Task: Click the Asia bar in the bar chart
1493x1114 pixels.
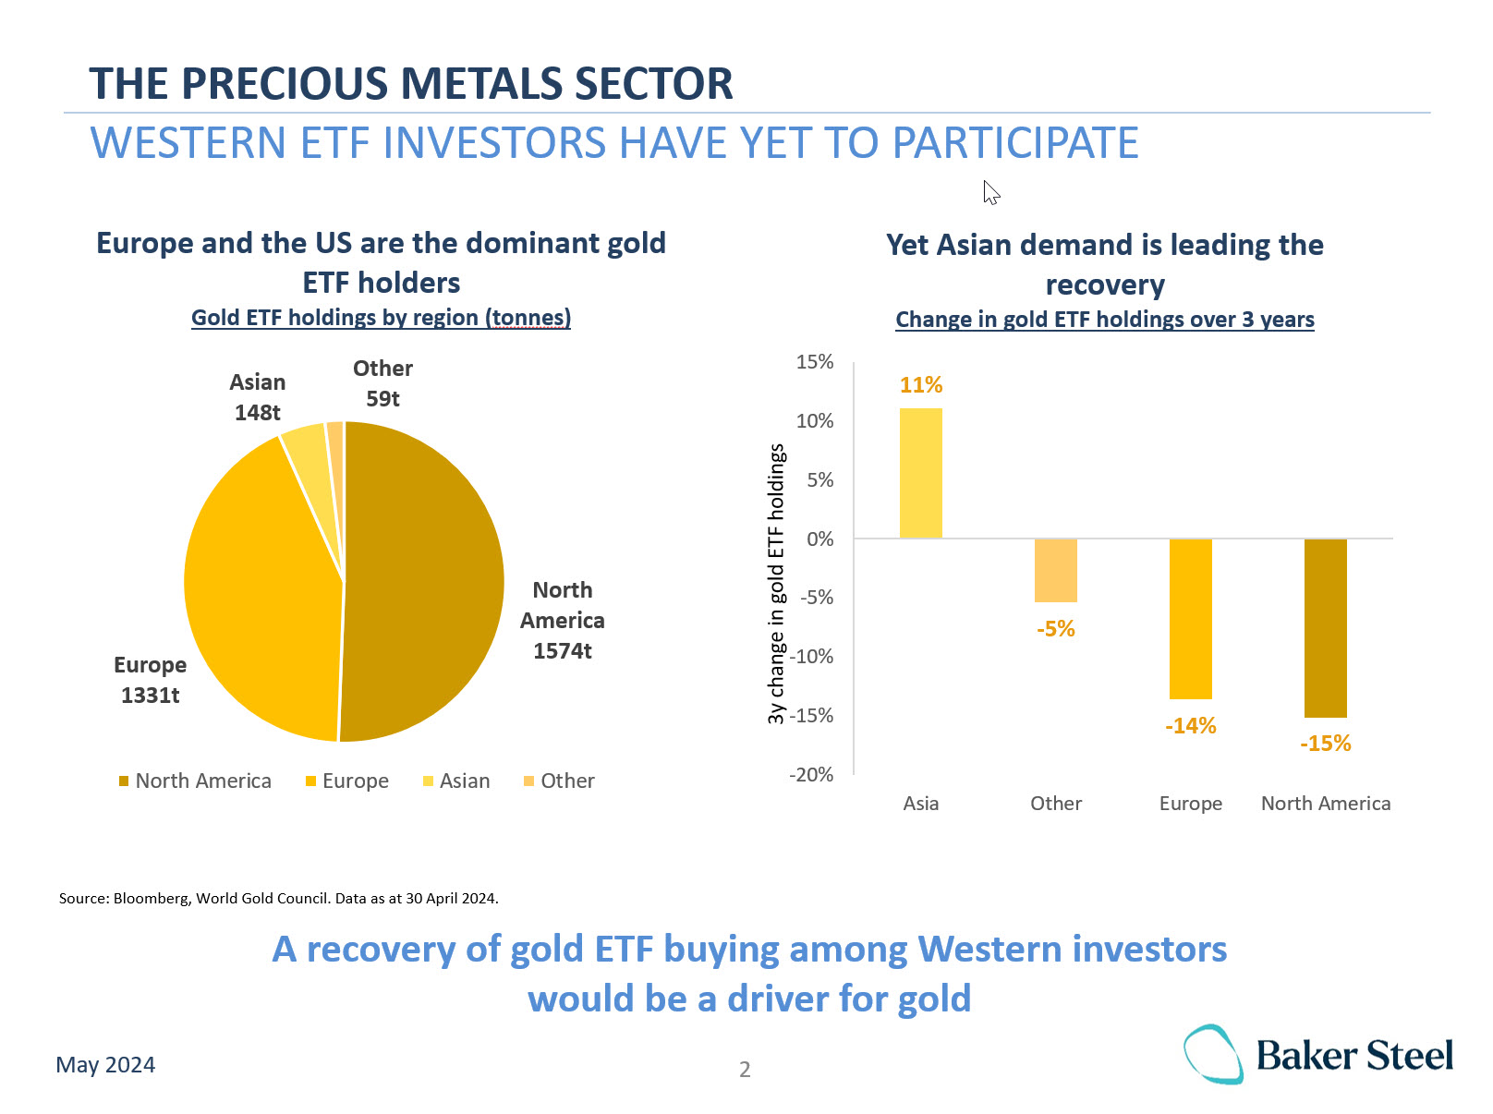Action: [921, 473]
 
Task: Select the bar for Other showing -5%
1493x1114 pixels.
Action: [1056, 570]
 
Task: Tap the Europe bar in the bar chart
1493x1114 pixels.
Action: [1191, 619]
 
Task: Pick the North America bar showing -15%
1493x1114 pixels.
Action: [1326, 628]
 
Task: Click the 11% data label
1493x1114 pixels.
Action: [921, 385]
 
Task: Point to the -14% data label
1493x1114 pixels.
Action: [1191, 726]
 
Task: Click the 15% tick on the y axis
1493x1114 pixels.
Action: [815, 362]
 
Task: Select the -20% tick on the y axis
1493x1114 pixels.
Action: [811, 775]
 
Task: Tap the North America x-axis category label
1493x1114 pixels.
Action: [1326, 804]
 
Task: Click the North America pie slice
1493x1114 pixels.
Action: [425, 582]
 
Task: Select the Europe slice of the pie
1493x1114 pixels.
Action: [263, 591]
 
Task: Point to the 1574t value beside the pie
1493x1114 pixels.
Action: [562, 651]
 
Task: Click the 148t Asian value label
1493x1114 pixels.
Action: [257, 413]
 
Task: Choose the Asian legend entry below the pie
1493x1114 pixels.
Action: [456, 781]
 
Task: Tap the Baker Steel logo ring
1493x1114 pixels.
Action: [1213, 1054]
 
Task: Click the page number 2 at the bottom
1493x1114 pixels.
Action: [745, 1070]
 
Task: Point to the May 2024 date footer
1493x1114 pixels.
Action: [105, 1065]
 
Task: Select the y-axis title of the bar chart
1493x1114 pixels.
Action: [776, 584]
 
